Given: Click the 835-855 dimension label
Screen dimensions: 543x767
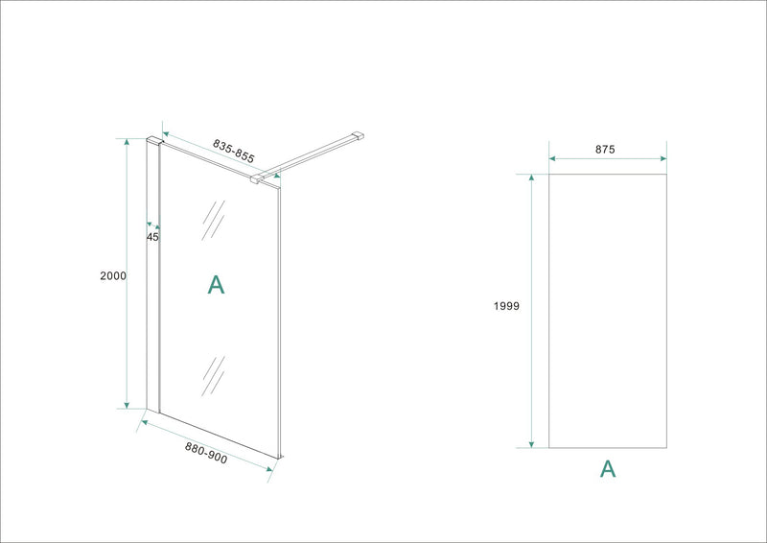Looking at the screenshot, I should click(234, 150).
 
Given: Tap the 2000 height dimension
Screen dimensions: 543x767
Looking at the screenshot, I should click(113, 275).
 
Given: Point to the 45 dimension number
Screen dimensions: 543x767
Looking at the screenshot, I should click(152, 236).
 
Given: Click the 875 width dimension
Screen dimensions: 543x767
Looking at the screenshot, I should click(604, 149).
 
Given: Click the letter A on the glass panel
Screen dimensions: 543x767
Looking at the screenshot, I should click(216, 284).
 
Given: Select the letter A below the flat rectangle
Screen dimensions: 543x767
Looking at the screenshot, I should click(607, 468).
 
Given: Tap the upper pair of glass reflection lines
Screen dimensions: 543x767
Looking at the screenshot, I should click(212, 222).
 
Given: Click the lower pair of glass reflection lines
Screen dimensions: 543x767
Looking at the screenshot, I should click(212, 375).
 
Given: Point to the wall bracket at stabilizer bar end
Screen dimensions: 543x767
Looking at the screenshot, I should click(359, 136).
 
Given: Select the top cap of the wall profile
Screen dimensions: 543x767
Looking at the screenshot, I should click(153, 141).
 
